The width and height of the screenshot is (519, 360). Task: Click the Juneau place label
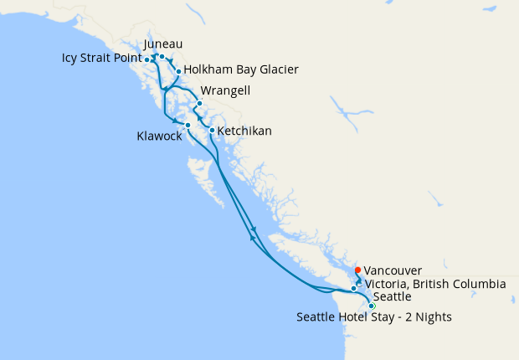163,44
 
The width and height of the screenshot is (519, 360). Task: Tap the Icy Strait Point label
101,59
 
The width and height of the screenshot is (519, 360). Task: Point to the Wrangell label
226,90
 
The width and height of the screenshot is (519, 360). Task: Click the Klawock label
159,136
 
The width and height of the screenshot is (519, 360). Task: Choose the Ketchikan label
244,131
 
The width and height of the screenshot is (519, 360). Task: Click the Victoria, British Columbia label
434,285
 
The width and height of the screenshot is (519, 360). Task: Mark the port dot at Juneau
162,57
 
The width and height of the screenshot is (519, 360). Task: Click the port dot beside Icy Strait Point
147,59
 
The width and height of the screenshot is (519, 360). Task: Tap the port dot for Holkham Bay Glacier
178,72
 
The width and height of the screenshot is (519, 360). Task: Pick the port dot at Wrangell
199,104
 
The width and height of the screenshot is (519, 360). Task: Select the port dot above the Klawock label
188,125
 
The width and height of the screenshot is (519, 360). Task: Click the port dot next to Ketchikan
212,130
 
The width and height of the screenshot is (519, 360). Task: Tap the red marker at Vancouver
357,270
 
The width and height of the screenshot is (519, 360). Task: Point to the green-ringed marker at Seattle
372,306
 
